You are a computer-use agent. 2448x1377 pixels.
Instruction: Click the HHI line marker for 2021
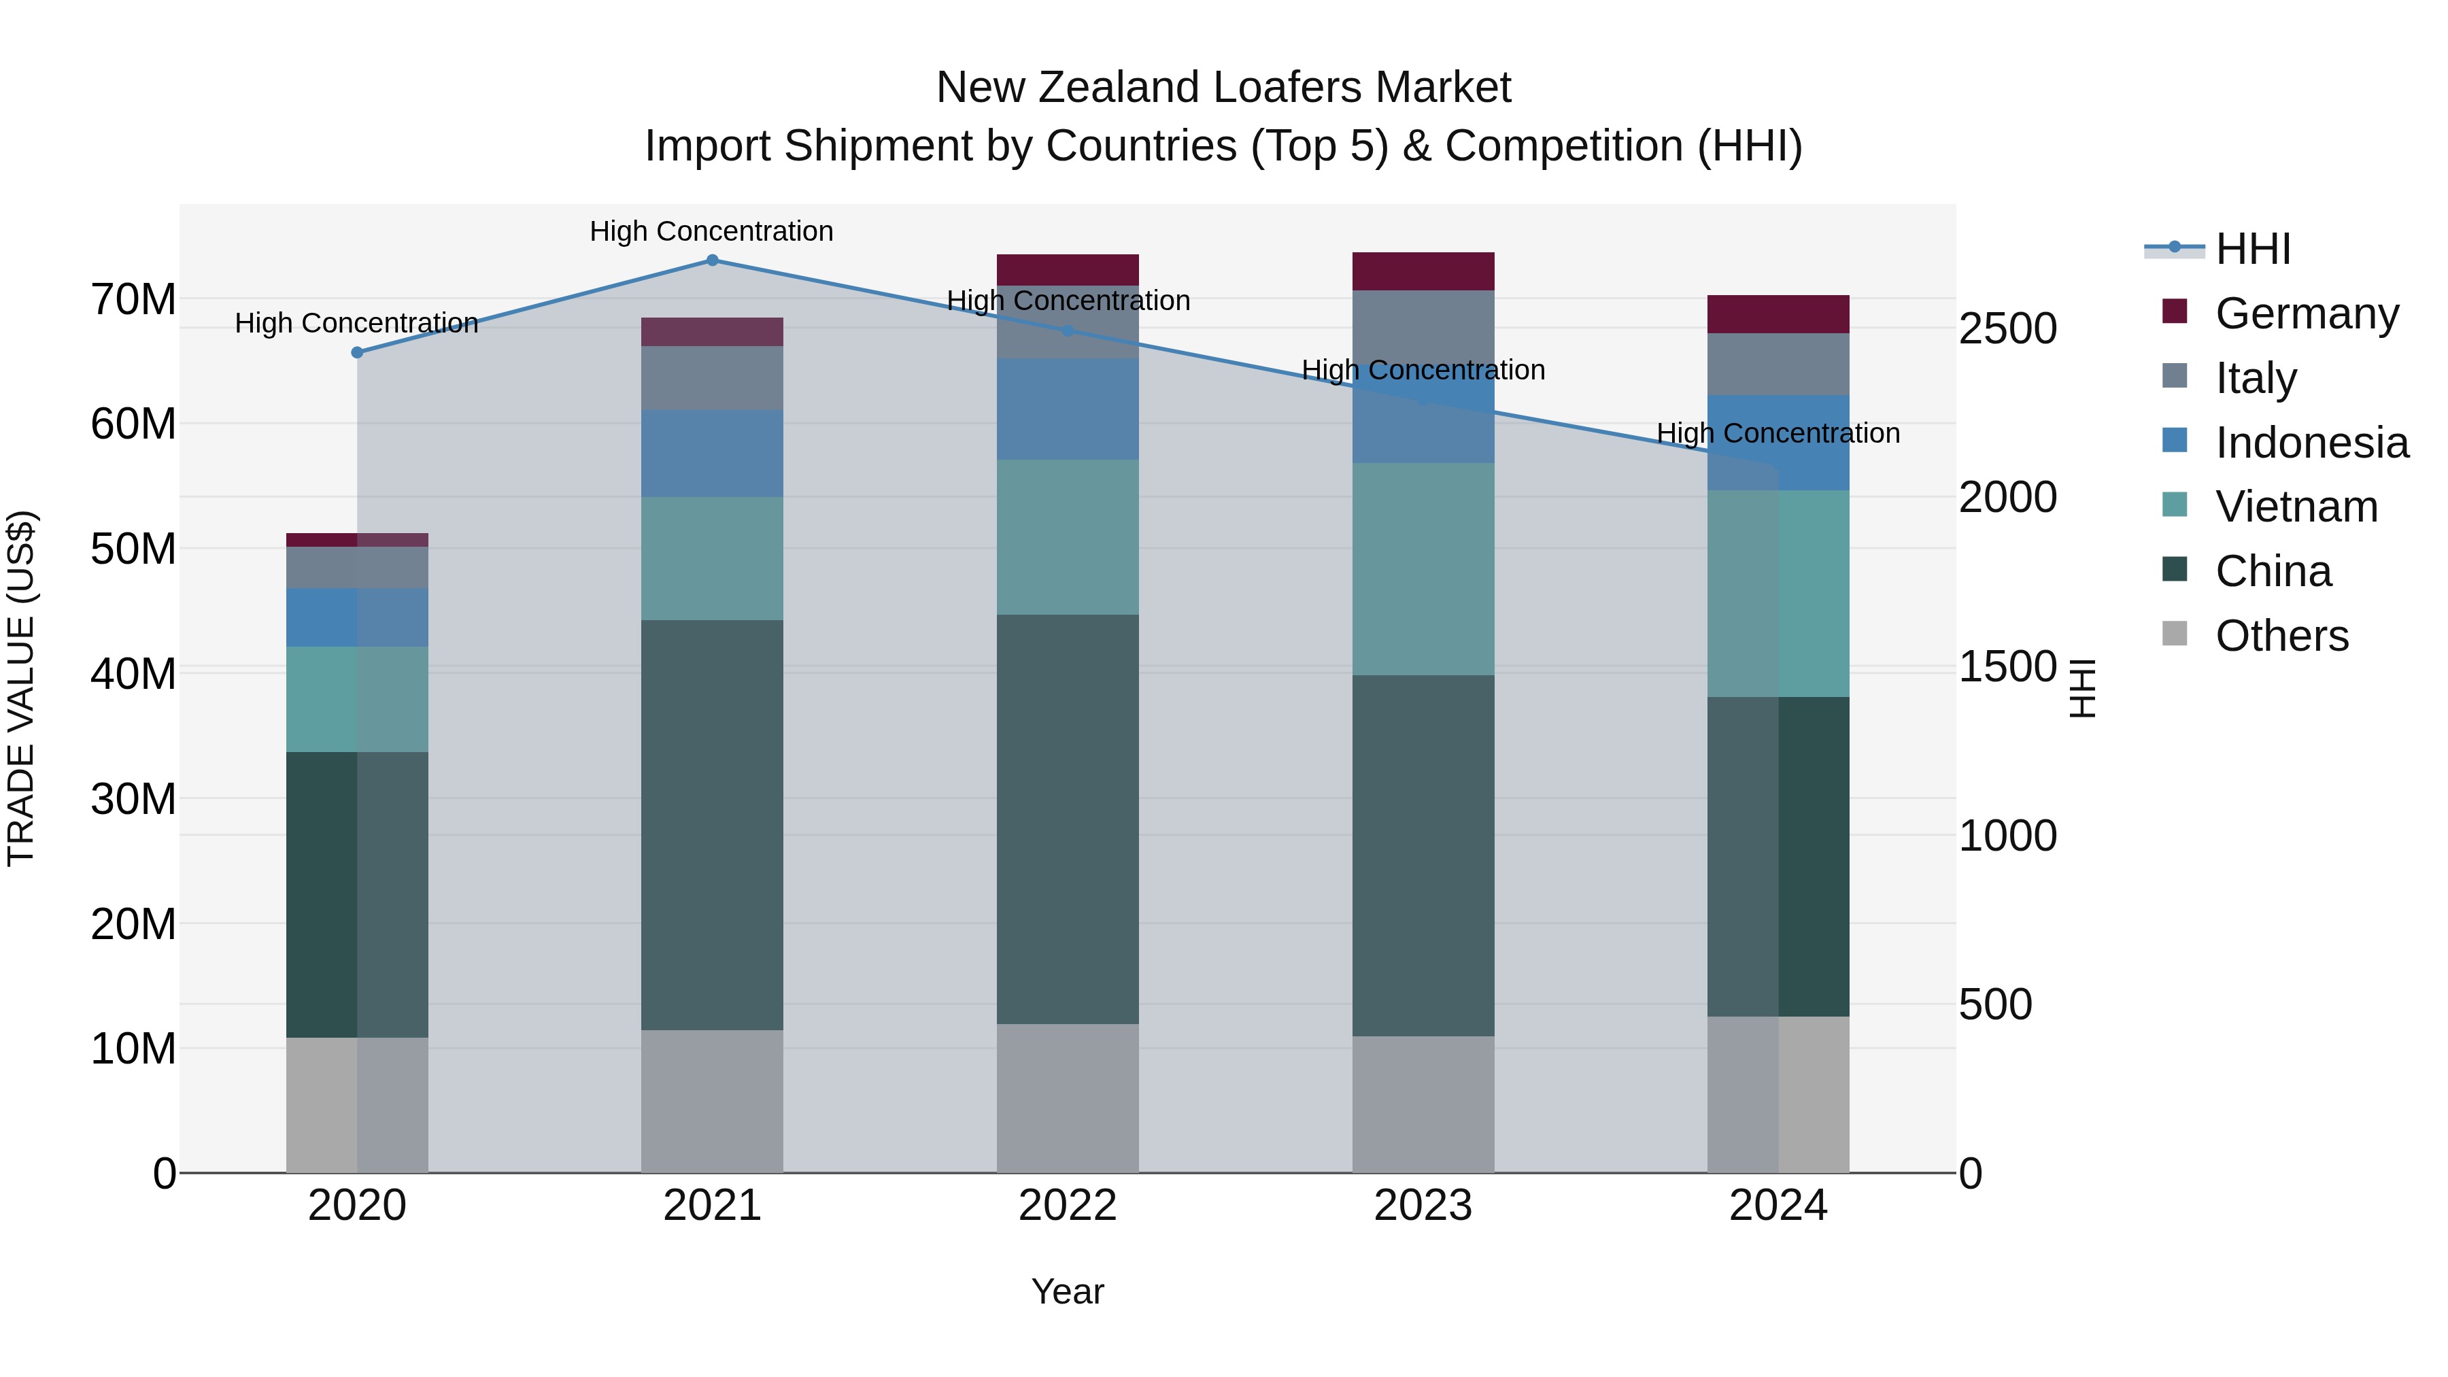coord(712,260)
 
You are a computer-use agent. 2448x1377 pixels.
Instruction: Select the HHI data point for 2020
coord(357,352)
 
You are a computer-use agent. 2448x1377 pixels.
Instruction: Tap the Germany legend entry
coord(2307,313)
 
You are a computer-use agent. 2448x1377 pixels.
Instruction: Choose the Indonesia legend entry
coord(2311,442)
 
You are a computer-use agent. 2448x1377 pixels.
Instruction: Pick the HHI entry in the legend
coord(2252,249)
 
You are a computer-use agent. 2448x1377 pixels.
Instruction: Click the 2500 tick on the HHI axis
coord(2007,329)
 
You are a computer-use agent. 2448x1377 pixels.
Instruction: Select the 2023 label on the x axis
coord(1423,1206)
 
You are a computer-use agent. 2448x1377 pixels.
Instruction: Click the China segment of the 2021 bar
coord(712,825)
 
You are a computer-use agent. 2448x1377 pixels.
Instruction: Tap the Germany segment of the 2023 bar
coord(1423,272)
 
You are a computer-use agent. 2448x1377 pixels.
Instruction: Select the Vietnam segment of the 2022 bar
coord(1067,537)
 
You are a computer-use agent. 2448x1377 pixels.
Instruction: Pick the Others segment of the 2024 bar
coord(1778,1094)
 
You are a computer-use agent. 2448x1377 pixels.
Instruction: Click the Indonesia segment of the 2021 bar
coord(712,454)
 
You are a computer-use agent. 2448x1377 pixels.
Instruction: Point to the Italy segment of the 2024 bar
coord(1778,364)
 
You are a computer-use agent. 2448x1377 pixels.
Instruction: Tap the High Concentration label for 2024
coord(1778,433)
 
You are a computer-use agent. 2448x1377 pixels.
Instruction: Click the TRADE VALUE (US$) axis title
coord(21,688)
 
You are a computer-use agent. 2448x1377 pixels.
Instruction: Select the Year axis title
coord(1067,1291)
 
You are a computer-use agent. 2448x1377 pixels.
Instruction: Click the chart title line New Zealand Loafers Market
coord(1223,88)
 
